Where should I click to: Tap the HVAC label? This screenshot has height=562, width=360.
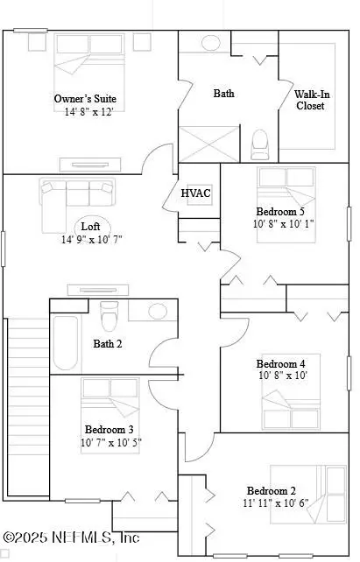(195, 193)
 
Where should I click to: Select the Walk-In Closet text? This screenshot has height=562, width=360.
(309, 99)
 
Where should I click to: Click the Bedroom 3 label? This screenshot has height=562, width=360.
(109, 429)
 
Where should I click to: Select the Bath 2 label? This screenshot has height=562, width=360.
(108, 343)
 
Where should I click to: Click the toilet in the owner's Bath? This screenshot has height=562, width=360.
(260, 143)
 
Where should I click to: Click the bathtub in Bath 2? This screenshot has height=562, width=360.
(66, 341)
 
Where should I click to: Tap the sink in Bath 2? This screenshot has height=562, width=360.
(158, 311)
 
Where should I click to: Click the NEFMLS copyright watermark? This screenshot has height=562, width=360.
(72, 537)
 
